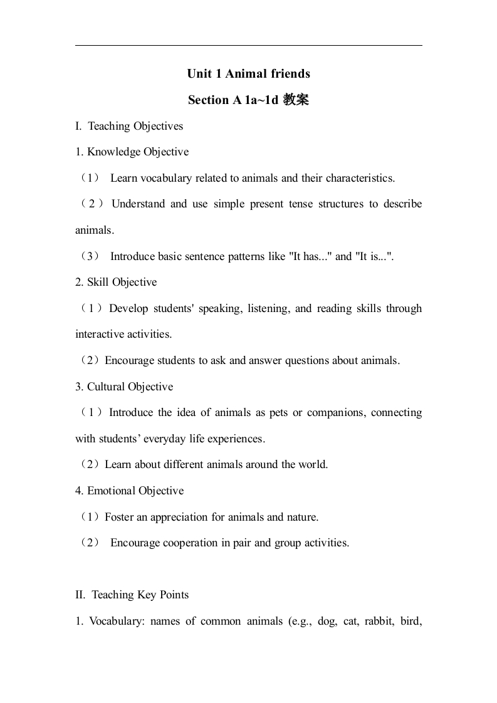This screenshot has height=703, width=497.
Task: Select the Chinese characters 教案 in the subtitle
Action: [296, 100]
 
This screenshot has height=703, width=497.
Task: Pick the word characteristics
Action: [359, 178]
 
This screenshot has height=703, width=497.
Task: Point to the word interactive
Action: [100, 334]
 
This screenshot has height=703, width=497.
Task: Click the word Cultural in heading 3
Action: [107, 387]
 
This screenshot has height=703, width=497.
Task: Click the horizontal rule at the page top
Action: [248, 45]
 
